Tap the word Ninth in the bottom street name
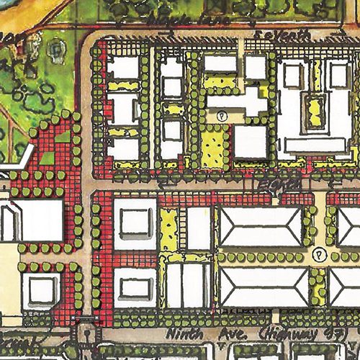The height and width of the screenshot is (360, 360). pos(183,334)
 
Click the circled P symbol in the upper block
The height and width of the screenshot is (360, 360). pos(222,114)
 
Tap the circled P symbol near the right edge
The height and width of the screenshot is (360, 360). pos(318,254)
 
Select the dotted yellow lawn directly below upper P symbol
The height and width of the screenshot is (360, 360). pos(213,145)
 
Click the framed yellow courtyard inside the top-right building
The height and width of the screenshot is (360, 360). pos(314,112)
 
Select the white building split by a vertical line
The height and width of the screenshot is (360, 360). pos(188,284)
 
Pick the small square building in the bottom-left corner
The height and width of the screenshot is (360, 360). pos(41,289)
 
